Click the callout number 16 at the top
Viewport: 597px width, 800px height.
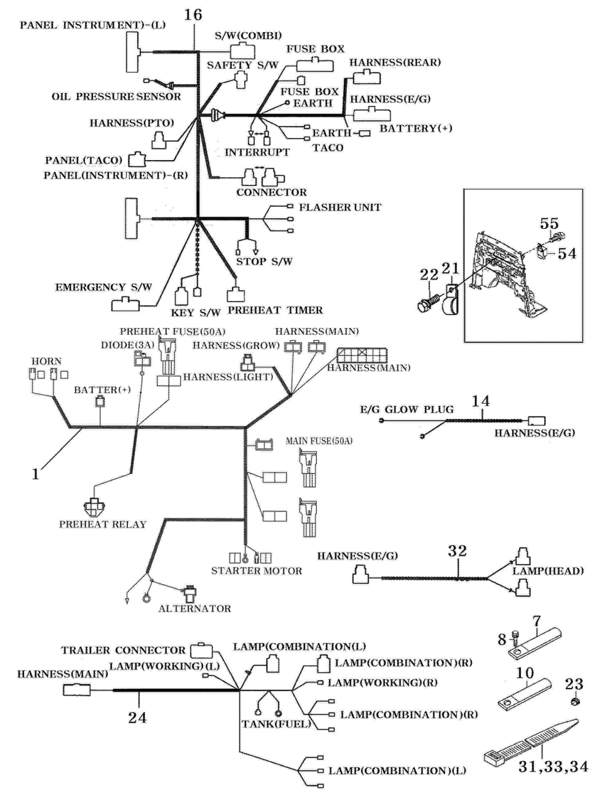click(193, 15)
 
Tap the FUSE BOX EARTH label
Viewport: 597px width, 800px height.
click(310, 97)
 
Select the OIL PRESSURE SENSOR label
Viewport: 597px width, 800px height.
click(117, 97)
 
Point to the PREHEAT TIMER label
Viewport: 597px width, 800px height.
click(275, 310)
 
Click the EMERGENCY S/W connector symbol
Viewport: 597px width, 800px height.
click(125, 304)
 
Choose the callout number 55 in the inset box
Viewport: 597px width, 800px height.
click(549, 224)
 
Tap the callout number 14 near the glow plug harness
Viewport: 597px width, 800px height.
click(480, 402)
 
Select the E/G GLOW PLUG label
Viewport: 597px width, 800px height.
click(406, 410)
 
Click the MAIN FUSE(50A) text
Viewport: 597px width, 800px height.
click(319, 441)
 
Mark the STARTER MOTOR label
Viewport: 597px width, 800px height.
click(257, 571)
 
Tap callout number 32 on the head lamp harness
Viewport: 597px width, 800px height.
click(457, 551)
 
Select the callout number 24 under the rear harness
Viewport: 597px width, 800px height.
click(137, 718)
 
